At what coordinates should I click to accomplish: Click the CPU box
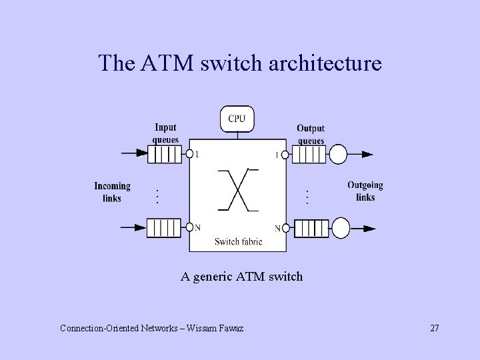tap(237, 119)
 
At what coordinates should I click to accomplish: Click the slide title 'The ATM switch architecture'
tap(240, 63)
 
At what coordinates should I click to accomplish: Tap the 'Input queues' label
tap(165, 133)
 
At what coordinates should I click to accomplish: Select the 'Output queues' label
tap(311, 133)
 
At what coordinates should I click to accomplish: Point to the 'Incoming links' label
tap(112, 192)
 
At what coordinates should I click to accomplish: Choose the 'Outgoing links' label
tap(365, 191)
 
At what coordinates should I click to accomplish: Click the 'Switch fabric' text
tap(238, 242)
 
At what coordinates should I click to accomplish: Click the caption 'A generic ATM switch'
tap(241, 275)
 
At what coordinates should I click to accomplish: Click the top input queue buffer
tap(164, 155)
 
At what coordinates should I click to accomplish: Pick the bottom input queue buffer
tap(164, 228)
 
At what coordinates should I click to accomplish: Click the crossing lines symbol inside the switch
tap(238, 189)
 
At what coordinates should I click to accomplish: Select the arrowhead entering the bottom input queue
tap(141, 228)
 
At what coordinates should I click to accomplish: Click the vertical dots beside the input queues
tap(156, 196)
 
